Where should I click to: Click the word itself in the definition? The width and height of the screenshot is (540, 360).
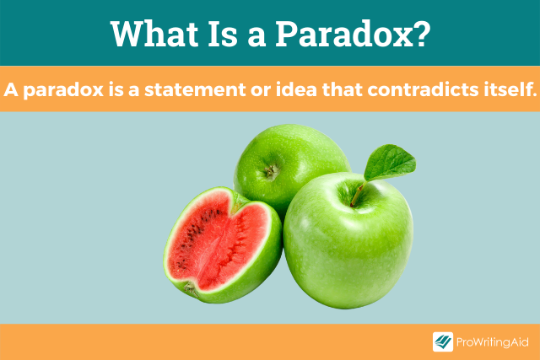(x=504, y=89)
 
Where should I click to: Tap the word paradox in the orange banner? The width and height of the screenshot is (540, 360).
(x=57, y=89)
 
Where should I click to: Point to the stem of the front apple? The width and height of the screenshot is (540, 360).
(x=358, y=196)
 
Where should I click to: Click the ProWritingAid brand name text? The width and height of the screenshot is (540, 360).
(x=491, y=342)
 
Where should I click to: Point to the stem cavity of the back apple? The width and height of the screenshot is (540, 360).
(x=270, y=172)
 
